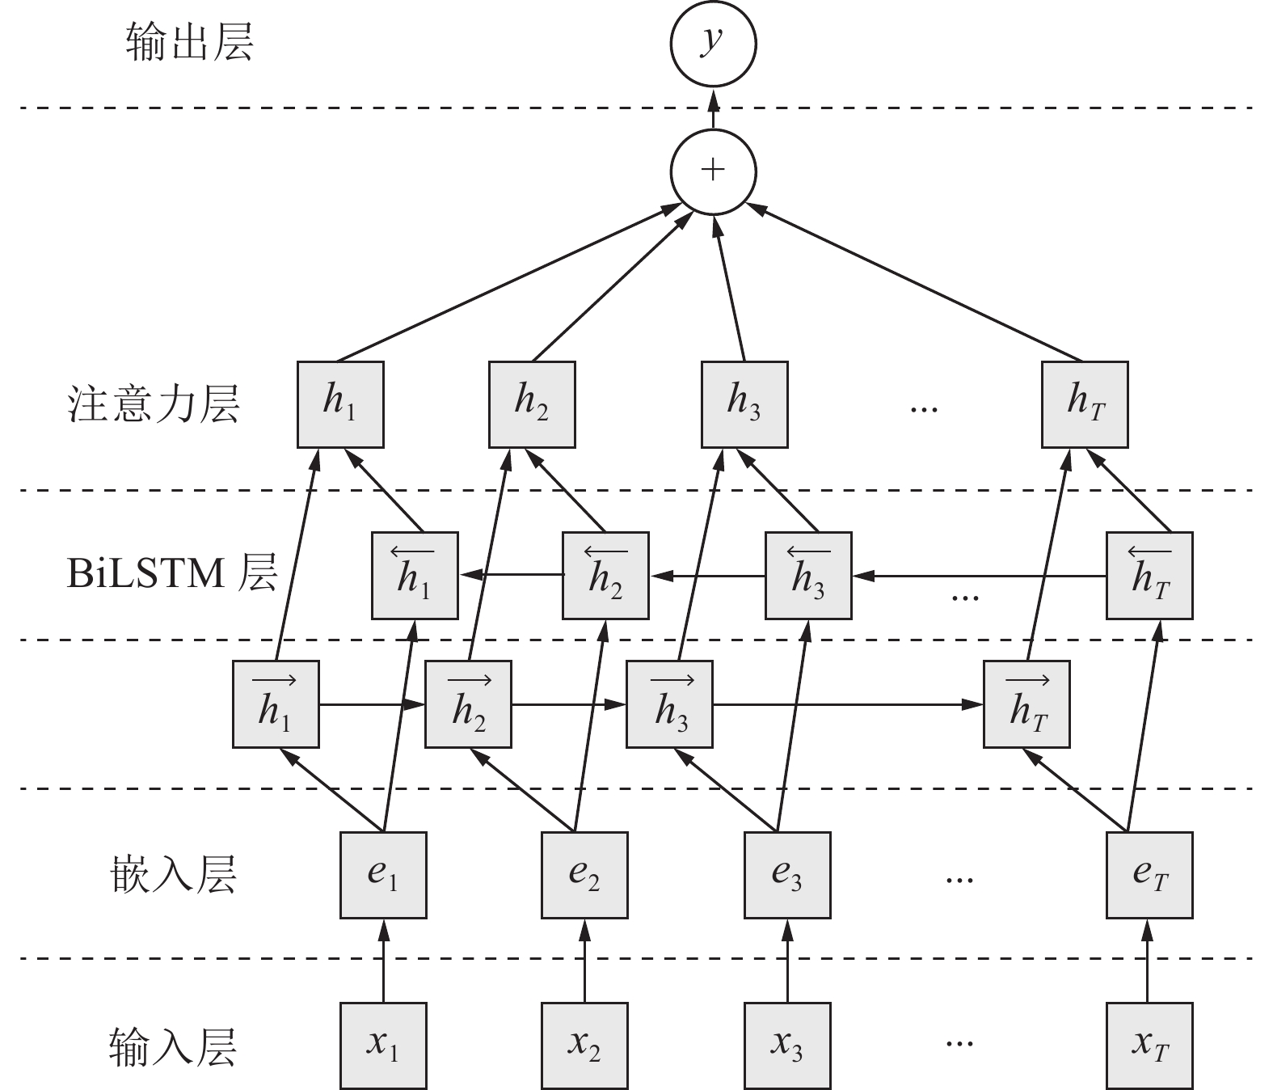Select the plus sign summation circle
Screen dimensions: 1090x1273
pos(713,171)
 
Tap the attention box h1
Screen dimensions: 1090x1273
pos(340,403)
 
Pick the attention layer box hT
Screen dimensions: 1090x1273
pos(1085,403)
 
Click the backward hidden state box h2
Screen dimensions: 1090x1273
pos(605,575)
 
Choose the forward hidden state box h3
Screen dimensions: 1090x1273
pos(670,704)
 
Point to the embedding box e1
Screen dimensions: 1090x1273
pos(383,875)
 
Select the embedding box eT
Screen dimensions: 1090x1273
pos(1149,875)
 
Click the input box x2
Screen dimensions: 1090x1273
pos(584,1046)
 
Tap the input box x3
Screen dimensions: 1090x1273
pos(787,1046)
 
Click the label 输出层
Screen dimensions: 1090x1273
pos(190,43)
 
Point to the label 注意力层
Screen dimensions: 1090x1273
pos(154,404)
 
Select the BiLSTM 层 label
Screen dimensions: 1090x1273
pos(171,573)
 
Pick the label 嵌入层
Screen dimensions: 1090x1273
pos(173,876)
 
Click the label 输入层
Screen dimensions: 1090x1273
pos(173,1047)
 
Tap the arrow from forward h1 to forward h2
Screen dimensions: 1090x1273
pos(372,705)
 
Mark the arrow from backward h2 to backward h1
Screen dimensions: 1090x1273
pos(510,575)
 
